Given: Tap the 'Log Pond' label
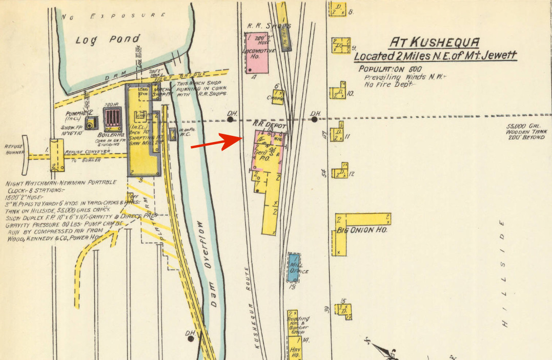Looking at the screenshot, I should coord(108,39).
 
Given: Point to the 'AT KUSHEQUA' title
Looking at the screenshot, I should coord(435,42).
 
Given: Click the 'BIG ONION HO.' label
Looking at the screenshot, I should coord(361,231).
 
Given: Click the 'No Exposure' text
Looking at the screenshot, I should coord(113,16).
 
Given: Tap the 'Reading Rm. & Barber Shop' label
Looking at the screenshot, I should coord(298,325).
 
